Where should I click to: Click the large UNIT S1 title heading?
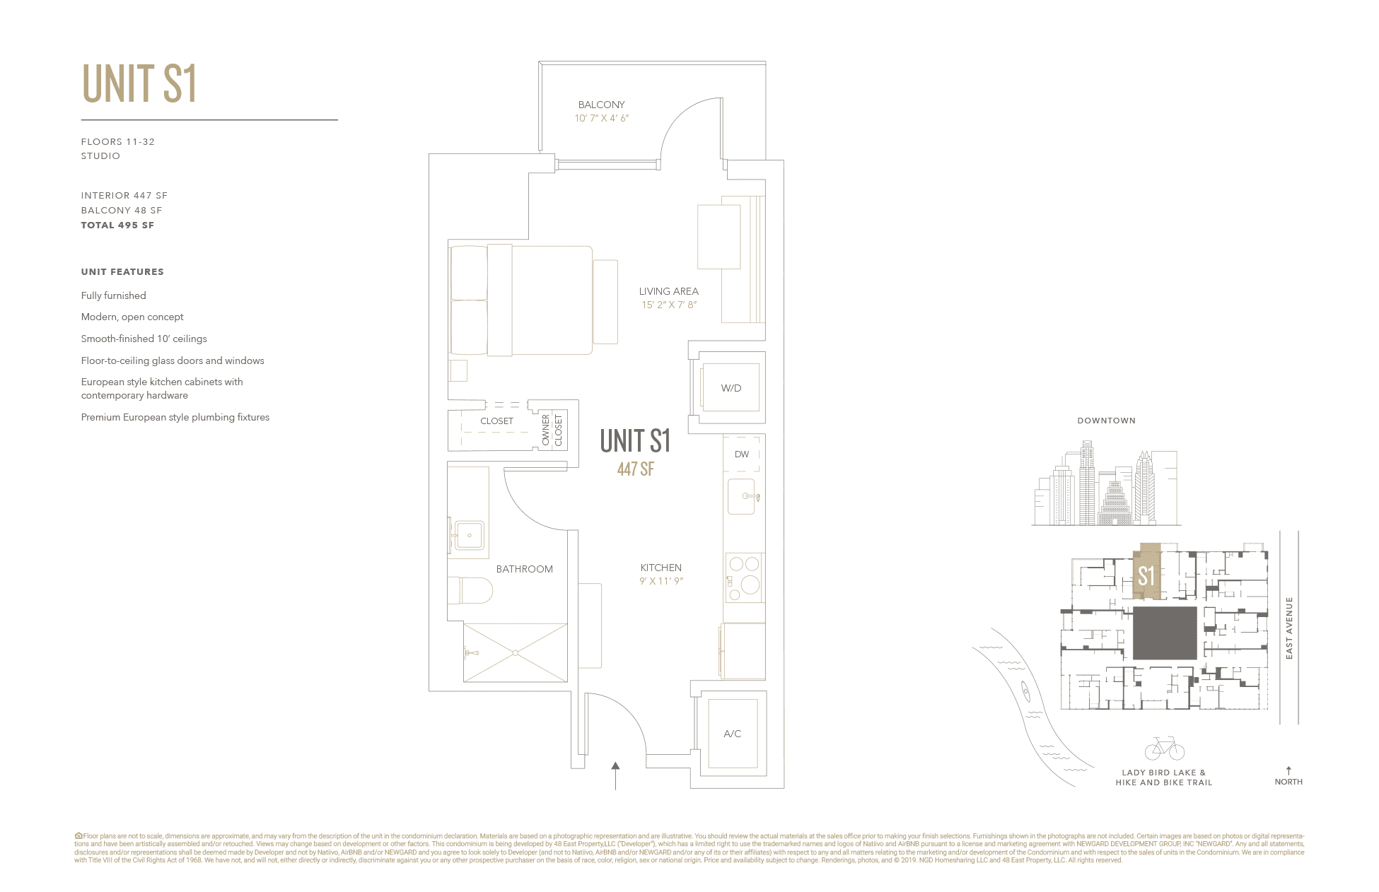click(x=139, y=84)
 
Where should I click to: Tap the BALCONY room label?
click(x=601, y=105)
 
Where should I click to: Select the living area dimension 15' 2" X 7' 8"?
click(x=669, y=305)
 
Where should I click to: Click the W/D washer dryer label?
click(x=731, y=388)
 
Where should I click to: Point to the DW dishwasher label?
click(x=741, y=454)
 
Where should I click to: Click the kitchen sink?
click(x=743, y=496)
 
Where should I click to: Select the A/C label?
click(x=733, y=734)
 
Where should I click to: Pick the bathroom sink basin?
click(x=469, y=535)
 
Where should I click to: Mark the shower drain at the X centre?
click(x=516, y=652)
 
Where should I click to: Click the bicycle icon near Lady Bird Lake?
click(x=1164, y=749)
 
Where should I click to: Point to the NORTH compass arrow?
click(x=1288, y=771)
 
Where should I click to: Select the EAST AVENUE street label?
click(x=1289, y=628)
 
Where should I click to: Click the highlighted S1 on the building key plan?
click(x=1146, y=575)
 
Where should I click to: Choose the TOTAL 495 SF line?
click(x=117, y=225)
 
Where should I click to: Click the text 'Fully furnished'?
click(x=114, y=295)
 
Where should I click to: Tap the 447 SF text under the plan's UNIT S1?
click(x=635, y=469)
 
